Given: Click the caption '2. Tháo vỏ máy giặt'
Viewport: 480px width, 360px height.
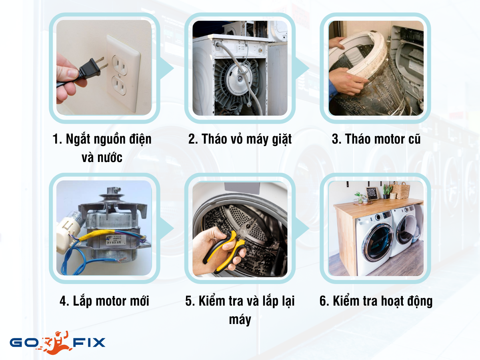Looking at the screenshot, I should (240, 139).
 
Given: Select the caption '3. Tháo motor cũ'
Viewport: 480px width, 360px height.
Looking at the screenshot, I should (376, 139).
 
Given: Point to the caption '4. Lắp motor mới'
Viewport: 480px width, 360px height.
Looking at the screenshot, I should (104, 301).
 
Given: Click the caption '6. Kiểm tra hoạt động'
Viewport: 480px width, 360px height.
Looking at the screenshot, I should (376, 301).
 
